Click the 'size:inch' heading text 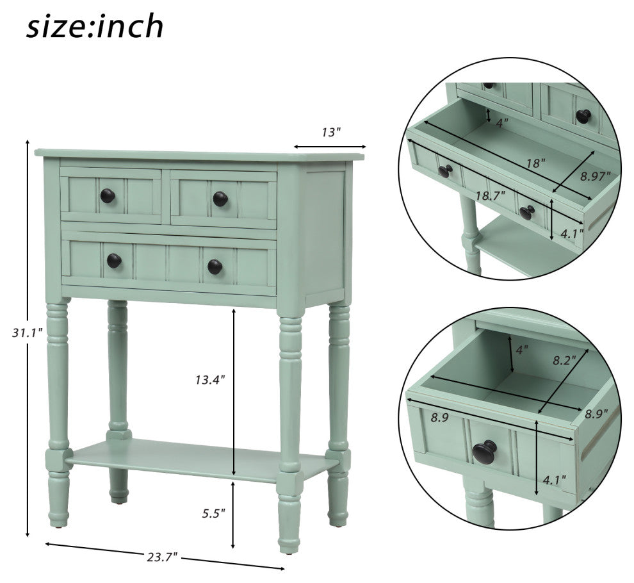pyautogui.click(x=95, y=27)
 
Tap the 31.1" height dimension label pyautogui.click(x=28, y=333)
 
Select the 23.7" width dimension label pyautogui.click(x=162, y=557)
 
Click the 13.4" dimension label pyautogui.click(x=210, y=380)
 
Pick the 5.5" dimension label pyautogui.click(x=213, y=513)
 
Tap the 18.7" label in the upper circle pyautogui.click(x=490, y=196)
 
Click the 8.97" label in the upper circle pyautogui.click(x=595, y=176)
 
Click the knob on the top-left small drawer pyautogui.click(x=108, y=196)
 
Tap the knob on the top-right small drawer pyautogui.click(x=220, y=199)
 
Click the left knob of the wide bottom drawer pyautogui.click(x=114, y=261)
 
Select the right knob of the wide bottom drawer pyautogui.click(x=215, y=267)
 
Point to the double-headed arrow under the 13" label pyautogui.click(x=330, y=147)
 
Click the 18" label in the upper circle pyautogui.click(x=536, y=163)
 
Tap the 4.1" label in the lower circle pyautogui.click(x=554, y=480)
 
